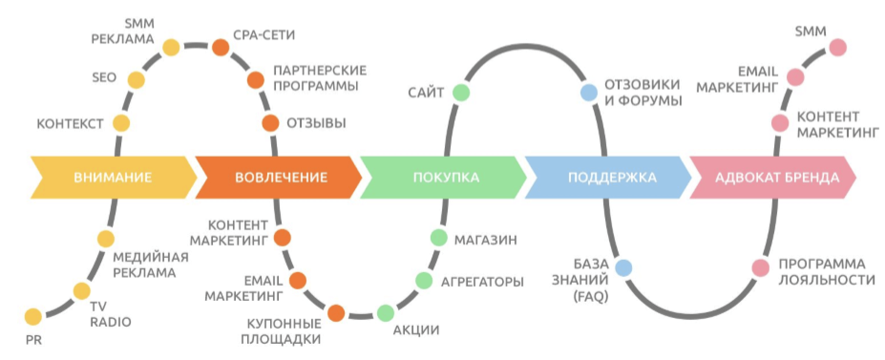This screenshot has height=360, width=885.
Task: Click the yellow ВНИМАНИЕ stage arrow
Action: tap(113, 178)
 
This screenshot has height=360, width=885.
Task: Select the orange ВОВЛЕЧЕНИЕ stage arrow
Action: tap(281, 178)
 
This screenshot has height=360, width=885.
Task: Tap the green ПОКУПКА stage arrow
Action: tap(445, 178)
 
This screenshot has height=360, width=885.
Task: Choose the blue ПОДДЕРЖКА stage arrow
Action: tap(612, 178)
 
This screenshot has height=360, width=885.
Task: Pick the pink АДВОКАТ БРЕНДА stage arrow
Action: tap(777, 178)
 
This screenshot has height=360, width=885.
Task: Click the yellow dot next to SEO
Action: tap(136, 80)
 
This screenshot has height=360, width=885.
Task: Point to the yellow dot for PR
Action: tap(33, 317)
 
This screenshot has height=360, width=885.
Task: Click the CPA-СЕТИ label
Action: tap(264, 35)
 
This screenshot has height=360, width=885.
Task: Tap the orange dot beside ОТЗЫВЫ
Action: tap(270, 123)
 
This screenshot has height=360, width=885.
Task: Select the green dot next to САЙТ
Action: tap(461, 92)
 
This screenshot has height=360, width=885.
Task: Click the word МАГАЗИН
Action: tap(485, 239)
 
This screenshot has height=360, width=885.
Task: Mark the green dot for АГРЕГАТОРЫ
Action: tap(423, 281)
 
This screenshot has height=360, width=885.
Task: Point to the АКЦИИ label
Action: tap(416, 330)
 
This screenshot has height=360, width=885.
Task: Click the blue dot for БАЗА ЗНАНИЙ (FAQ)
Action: tap(623, 268)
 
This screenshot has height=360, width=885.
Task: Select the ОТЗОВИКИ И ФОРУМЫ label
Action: tap(643, 93)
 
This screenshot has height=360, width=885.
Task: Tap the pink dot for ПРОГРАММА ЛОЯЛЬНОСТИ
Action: tap(760, 268)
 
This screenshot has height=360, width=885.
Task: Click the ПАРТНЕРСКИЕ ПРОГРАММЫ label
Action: tap(320, 78)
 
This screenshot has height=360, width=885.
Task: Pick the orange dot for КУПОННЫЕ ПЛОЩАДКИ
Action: tap(336, 313)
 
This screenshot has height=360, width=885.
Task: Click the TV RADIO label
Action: tap(110, 314)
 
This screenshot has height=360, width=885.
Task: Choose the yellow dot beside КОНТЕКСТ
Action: tap(121, 123)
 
